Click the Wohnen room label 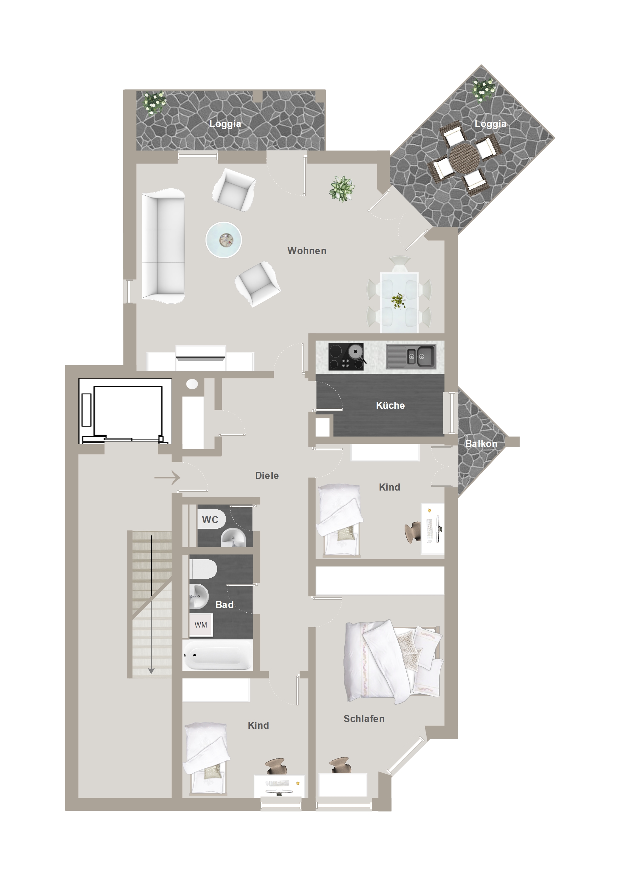pos(307,251)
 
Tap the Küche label pos(390,405)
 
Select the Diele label pos(267,475)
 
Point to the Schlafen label pos(364,718)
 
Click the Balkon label pos(481,443)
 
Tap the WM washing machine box pos(201,625)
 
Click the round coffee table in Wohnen pos(224,240)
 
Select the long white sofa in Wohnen pos(163,246)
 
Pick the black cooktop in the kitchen pos(346,356)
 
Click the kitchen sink pos(411,356)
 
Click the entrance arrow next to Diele pos(167,477)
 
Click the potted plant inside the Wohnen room pos(342,189)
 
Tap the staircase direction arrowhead pos(151,671)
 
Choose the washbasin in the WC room pos(233,538)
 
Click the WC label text pos(210,520)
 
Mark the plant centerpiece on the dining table pos(398,300)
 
